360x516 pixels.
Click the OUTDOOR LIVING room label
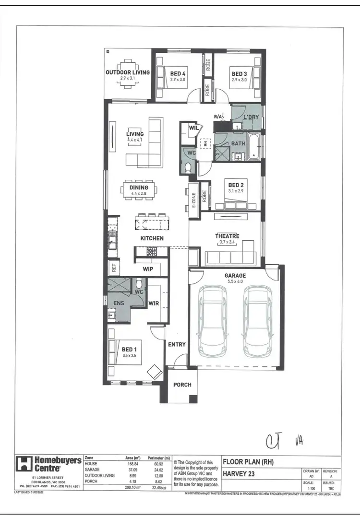point(128,72)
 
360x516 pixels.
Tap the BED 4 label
point(178,74)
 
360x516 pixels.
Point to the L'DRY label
point(251,117)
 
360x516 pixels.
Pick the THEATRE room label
point(227,236)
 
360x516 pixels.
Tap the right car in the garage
point(255,320)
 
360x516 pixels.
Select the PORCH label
point(182,385)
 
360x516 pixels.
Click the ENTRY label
point(177,344)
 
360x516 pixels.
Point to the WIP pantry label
point(148,270)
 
